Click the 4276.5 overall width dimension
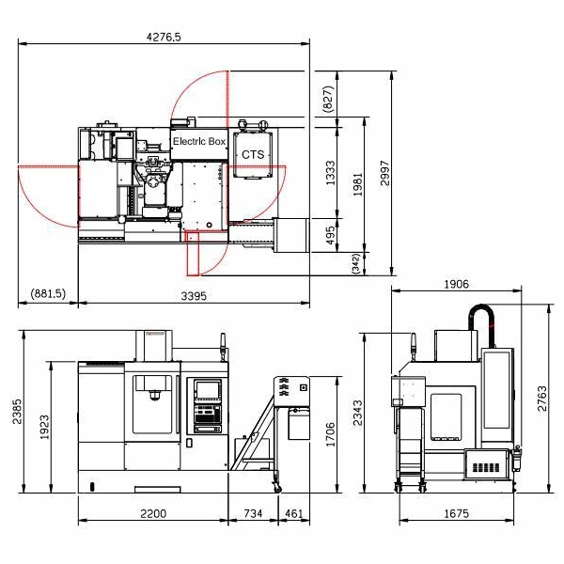click(164, 37)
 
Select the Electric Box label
click(199, 141)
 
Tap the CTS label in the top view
click(253, 155)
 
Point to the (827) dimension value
click(329, 100)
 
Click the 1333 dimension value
click(330, 173)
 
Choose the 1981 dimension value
click(357, 184)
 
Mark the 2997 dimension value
click(384, 173)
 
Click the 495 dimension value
click(330, 235)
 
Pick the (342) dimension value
click(355, 263)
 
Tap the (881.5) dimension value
click(48, 293)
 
